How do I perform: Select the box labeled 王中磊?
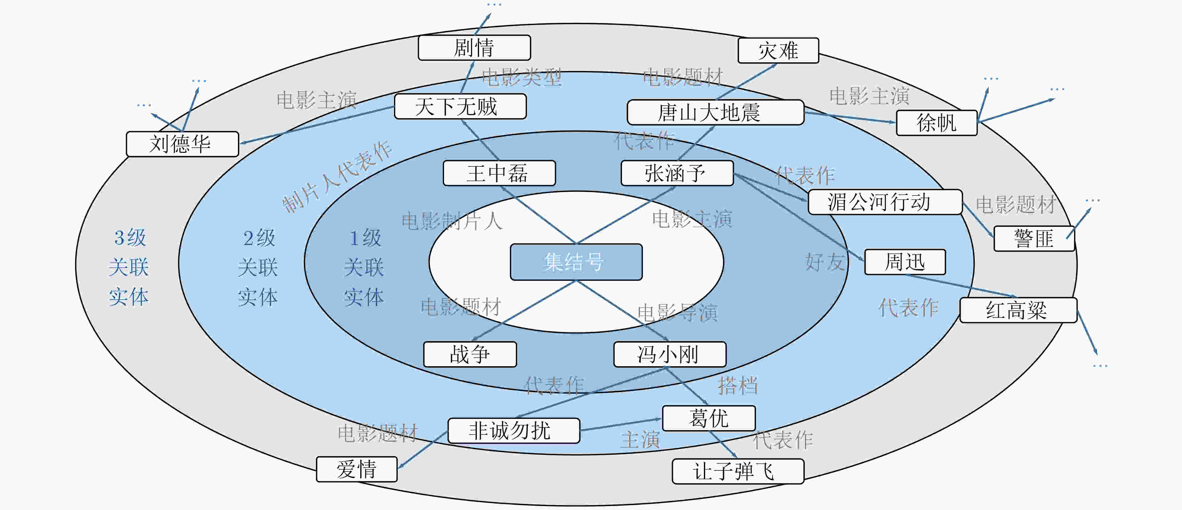(x=499, y=173)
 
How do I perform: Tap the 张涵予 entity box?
(x=677, y=173)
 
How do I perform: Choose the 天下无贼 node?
(x=460, y=106)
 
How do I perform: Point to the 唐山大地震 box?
(x=715, y=112)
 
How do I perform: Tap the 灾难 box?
(x=778, y=50)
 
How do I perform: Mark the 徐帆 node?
(x=937, y=123)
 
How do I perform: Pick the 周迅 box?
(x=905, y=262)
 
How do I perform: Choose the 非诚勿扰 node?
(x=513, y=431)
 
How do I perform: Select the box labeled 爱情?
(x=356, y=469)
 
